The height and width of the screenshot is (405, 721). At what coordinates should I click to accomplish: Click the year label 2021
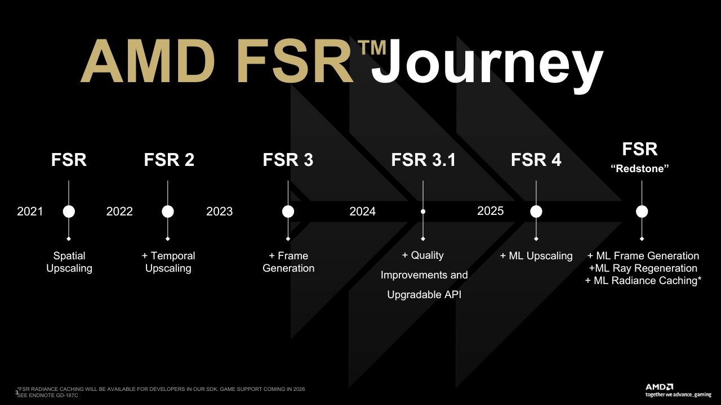pos(30,211)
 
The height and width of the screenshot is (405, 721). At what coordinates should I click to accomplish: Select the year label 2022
pos(119,211)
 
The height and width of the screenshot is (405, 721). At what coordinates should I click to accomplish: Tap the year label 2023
pos(219,211)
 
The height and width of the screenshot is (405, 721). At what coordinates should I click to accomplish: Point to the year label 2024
pos(362,211)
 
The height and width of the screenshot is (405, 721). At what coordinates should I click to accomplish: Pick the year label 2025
pos(490,211)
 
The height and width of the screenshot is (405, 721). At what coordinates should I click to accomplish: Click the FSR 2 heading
pos(169,160)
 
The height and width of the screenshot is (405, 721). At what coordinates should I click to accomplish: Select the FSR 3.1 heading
pos(423,160)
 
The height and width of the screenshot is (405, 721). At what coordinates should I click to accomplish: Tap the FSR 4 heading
pos(536,160)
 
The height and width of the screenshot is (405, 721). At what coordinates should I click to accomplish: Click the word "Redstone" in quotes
pos(640,169)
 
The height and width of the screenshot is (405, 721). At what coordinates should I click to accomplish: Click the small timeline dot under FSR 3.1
pos(423,211)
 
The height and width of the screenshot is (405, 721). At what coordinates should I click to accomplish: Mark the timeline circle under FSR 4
pos(536,211)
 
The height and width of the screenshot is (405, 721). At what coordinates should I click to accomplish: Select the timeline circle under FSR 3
pos(288,211)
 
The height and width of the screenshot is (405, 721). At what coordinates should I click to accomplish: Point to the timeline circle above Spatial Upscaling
pos(69,211)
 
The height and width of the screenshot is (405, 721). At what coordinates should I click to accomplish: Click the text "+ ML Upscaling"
pos(536,256)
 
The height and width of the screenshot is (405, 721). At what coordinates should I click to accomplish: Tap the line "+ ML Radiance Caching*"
pos(643,281)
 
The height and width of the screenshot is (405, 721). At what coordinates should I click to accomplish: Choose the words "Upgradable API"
pos(424,294)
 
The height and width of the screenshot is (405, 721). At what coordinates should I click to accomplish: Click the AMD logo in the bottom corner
pos(658,387)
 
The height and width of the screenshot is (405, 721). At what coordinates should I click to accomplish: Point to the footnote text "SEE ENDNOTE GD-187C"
pos(48,395)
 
